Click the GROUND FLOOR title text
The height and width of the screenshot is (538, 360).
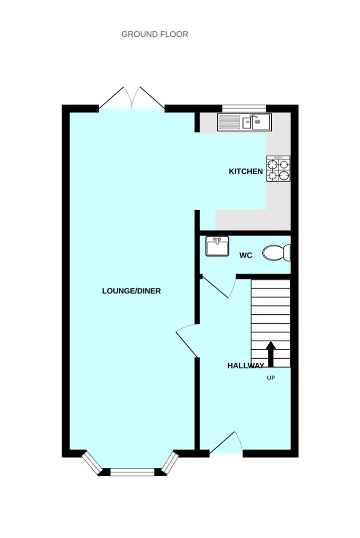point(155,34)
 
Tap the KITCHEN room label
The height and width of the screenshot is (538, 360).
point(246,171)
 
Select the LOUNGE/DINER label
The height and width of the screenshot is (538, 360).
point(131,291)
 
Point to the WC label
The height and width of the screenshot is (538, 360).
point(246,255)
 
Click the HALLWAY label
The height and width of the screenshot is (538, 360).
point(246,366)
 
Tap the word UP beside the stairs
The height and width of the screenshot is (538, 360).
point(271,378)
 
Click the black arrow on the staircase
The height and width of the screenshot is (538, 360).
point(271,354)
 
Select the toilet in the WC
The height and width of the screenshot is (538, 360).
point(277,253)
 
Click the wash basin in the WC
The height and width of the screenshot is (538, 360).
point(217,246)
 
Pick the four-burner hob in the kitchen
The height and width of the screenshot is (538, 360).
point(278,169)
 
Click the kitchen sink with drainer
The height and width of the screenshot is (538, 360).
point(244,122)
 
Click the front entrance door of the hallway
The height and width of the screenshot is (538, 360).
point(226,443)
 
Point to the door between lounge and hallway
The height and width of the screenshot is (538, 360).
point(187,341)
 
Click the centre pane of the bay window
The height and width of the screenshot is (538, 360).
point(132,472)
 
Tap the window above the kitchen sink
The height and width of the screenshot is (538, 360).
point(244,109)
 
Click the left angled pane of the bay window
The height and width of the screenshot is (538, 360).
point(92,463)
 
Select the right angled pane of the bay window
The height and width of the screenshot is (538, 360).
point(171,463)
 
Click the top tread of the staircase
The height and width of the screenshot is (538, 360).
point(271,284)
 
